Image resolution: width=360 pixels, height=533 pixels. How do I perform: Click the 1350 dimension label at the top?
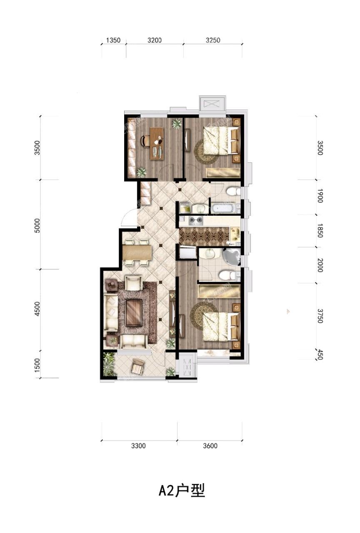(x=113, y=40)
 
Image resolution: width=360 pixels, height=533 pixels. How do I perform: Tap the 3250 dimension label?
(x=213, y=40)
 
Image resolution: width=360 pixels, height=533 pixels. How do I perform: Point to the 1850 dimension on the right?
(x=320, y=230)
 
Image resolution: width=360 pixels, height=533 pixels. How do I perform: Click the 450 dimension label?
(x=320, y=354)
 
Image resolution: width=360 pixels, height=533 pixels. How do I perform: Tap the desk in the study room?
(x=157, y=143)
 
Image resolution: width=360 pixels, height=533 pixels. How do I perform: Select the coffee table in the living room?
(x=133, y=313)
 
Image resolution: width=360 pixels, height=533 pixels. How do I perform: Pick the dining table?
(x=137, y=252)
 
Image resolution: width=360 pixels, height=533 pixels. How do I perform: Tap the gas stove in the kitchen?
(x=196, y=221)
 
